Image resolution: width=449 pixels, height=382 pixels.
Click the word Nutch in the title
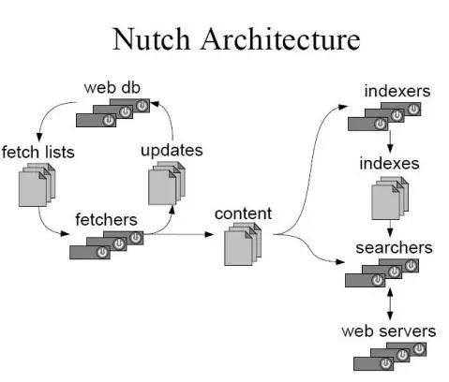(x=151, y=38)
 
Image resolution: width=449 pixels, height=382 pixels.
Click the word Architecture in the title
(x=280, y=38)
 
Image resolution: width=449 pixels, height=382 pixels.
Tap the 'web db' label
(x=112, y=88)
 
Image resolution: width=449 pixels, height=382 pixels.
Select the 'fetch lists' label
(x=37, y=153)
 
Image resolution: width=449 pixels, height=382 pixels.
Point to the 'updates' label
(x=172, y=151)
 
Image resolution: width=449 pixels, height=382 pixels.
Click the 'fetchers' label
(x=106, y=220)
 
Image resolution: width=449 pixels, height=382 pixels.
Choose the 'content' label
(x=243, y=213)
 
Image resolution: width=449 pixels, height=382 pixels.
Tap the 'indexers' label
(x=397, y=91)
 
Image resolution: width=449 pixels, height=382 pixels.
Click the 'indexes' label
(x=389, y=164)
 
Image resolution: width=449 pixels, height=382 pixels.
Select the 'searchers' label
(x=394, y=248)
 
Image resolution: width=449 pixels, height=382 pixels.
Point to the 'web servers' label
(x=389, y=331)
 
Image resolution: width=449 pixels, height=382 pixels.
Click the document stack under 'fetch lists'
(x=37, y=184)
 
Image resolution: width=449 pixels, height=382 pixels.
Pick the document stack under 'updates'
(x=167, y=184)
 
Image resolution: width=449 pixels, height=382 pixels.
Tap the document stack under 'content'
(x=243, y=244)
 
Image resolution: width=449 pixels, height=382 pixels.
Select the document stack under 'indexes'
(x=390, y=198)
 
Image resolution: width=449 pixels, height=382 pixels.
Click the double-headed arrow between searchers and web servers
(x=390, y=304)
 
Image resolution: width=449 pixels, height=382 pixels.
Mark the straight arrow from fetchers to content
(x=179, y=234)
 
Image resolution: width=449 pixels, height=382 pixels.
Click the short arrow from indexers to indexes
(x=390, y=141)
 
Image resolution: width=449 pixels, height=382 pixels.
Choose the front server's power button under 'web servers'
(x=386, y=364)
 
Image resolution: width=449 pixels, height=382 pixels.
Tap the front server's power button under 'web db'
(x=109, y=120)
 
